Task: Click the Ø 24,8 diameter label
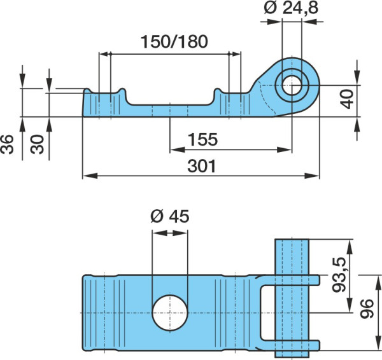(291, 8)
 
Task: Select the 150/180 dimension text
(174, 41)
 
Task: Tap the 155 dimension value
(202, 139)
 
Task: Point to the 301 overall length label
(202, 166)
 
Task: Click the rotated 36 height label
(7, 144)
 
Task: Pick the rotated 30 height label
(37, 144)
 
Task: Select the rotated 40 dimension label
(347, 99)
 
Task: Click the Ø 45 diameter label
(170, 216)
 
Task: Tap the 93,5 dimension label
(339, 274)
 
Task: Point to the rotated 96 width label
(367, 308)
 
